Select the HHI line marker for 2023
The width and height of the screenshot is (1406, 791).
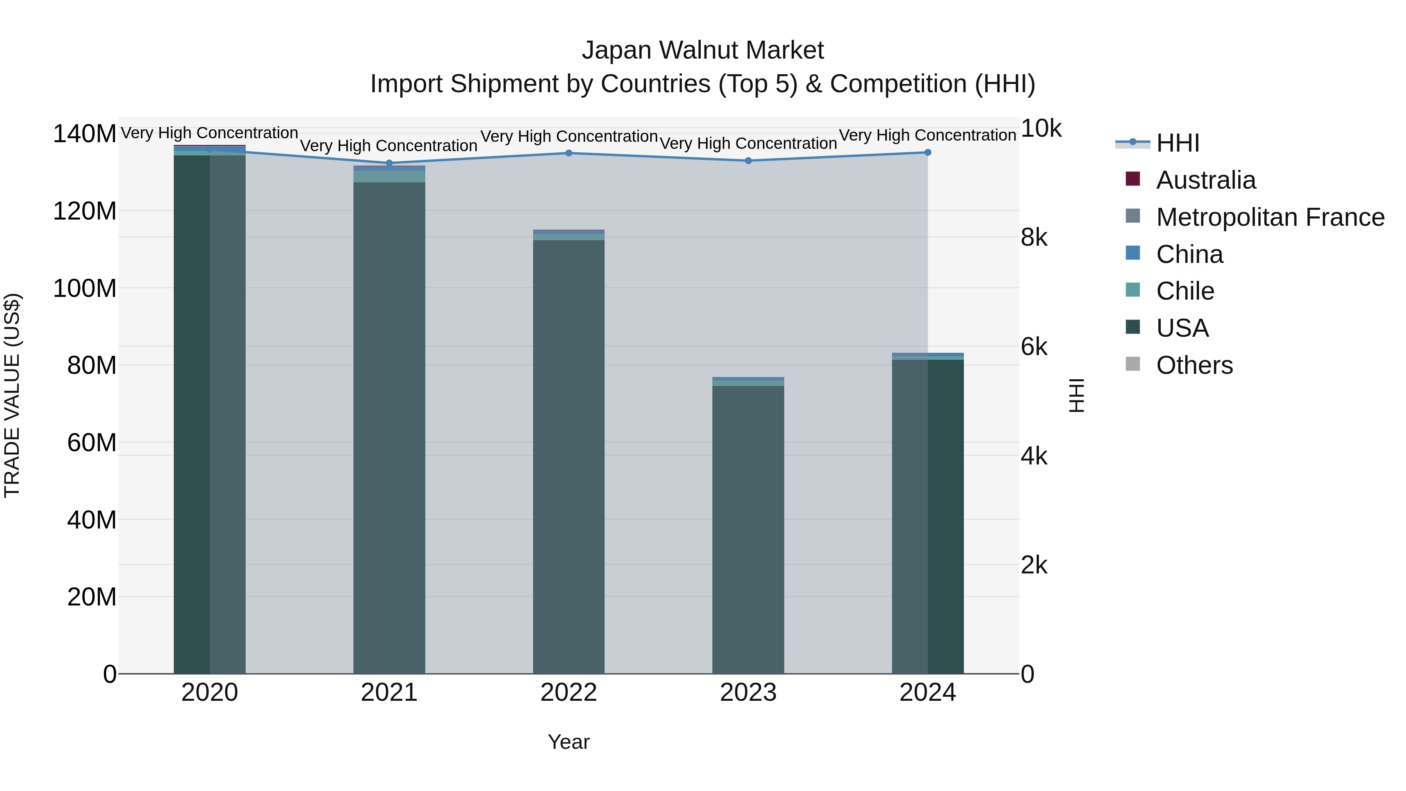748,161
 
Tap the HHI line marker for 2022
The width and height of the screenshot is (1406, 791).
569,153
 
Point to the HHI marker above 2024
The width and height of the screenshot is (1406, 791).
928,152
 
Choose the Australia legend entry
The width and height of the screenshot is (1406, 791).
1206,180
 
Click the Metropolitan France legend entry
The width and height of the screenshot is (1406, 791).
1270,217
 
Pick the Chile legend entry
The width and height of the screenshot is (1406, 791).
1185,291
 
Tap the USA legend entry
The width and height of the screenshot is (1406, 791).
1182,328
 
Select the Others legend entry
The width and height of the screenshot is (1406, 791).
1194,365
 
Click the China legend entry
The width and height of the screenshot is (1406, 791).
1189,254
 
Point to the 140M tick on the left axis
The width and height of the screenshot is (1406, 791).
85,134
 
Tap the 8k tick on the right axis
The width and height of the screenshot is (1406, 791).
1034,237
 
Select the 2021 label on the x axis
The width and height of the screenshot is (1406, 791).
389,693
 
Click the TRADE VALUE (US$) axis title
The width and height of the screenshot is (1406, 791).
12,395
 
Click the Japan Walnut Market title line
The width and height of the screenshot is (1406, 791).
703,50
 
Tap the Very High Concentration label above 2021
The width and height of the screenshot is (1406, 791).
389,146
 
